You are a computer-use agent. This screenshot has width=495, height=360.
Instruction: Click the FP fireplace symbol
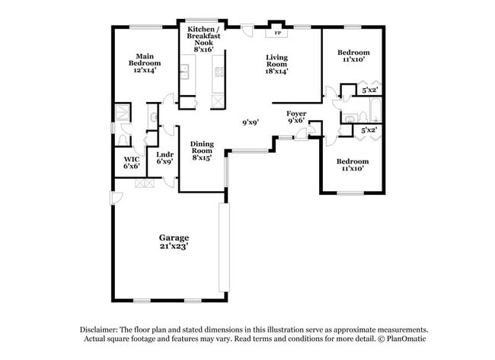pos(276,33)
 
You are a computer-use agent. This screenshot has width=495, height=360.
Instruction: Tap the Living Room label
pos(276,65)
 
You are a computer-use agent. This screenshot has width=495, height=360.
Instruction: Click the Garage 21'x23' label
pos(174,241)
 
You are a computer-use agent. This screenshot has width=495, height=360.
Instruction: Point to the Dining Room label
pos(202,150)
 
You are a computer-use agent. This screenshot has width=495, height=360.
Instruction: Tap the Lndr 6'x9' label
pos(165,158)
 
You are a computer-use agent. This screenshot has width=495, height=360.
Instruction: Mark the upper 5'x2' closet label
pos(370,90)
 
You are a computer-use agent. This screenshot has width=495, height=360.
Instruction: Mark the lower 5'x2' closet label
pos(370,130)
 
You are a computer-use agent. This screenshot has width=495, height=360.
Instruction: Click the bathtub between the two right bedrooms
pos(371,117)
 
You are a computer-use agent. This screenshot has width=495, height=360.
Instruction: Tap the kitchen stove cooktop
pos(219,73)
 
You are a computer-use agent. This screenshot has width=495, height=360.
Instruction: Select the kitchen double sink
pos(184,73)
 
